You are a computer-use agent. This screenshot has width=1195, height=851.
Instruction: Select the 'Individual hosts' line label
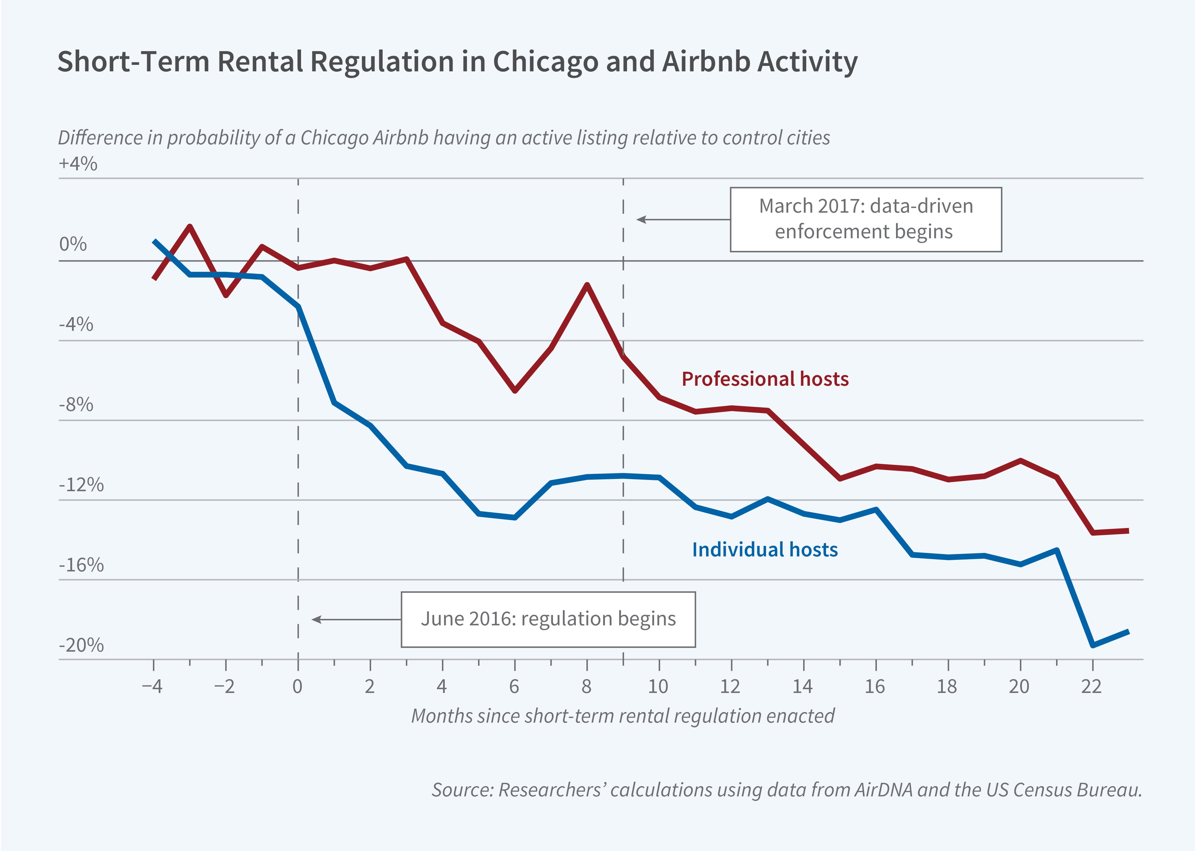(x=765, y=550)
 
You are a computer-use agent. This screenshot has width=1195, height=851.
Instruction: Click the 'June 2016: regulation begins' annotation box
(x=548, y=619)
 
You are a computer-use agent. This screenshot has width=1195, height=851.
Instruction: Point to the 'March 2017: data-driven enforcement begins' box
(x=866, y=219)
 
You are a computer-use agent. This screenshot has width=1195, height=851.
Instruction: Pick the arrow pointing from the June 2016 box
(x=356, y=619)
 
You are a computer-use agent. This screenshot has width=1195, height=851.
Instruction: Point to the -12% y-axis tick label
(x=81, y=485)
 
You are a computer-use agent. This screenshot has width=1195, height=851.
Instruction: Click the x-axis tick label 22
(x=1092, y=686)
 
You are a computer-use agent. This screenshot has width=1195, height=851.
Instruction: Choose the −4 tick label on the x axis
(x=153, y=686)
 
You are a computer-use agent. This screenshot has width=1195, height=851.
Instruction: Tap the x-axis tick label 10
(x=658, y=686)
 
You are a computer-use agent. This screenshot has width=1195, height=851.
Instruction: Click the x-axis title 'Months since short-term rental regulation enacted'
(x=622, y=716)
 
